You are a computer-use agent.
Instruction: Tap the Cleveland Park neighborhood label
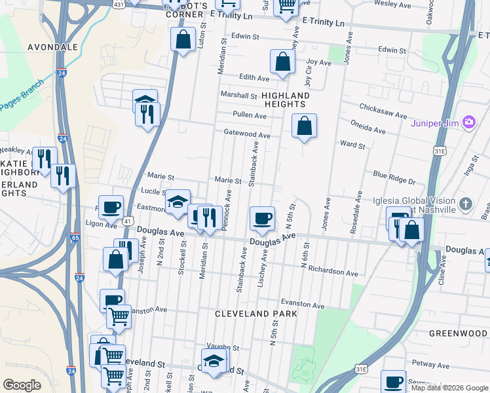[x=257, y=314]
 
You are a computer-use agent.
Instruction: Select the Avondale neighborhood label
[x=52, y=47]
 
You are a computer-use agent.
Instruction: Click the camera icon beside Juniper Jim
[x=468, y=122]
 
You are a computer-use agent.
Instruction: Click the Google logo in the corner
[x=22, y=385]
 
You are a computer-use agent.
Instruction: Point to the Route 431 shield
[x=117, y=5]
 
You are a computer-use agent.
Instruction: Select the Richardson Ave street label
[x=333, y=272]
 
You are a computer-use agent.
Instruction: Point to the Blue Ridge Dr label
[x=394, y=178]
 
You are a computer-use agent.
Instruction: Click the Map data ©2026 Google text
[x=449, y=388]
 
